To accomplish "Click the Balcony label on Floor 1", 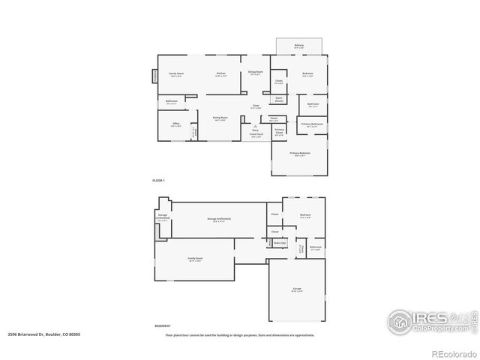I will (x=299, y=46).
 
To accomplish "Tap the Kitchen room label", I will (x=220, y=73).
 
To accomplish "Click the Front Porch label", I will (x=256, y=135).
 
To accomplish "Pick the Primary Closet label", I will (x=279, y=132).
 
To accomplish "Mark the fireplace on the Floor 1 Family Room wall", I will (x=156, y=75).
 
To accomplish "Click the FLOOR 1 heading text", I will (x=158, y=181).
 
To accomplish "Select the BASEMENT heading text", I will (x=163, y=326).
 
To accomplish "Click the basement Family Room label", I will (x=195, y=259).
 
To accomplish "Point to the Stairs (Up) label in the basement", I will (x=280, y=243).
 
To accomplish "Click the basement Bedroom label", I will (x=305, y=215).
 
